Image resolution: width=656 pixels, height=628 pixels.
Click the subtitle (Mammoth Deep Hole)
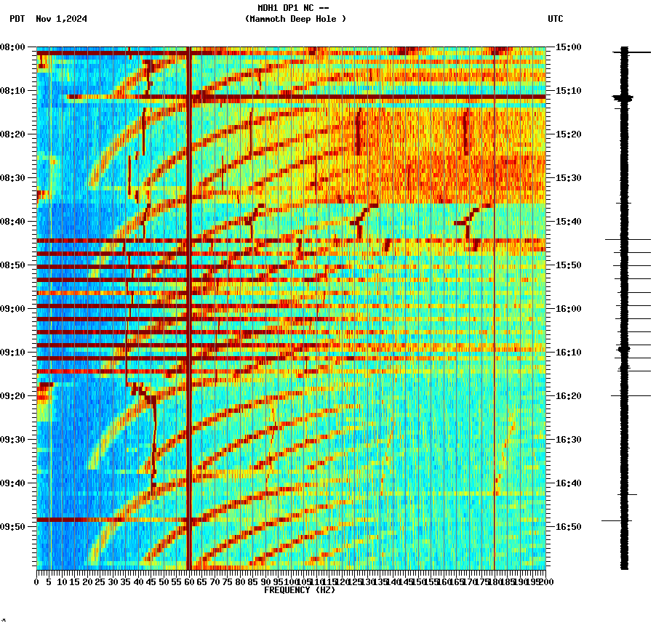pyautogui.click(x=295, y=19)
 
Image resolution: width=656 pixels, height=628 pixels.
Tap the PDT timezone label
pyautogui.click(x=17, y=19)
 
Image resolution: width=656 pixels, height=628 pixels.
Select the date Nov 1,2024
pyautogui.click(x=61, y=19)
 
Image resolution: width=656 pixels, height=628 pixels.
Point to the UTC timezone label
pyautogui.click(x=555, y=19)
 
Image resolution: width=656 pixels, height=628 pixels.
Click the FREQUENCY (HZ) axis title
pyautogui.click(x=299, y=590)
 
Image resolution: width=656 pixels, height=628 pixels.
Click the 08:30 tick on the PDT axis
pyautogui.click(x=14, y=178)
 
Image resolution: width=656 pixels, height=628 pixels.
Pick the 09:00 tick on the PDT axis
pyautogui.click(x=14, y=309)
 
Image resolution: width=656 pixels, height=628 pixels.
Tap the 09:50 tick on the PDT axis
pyautogui.click(x=14, y=527)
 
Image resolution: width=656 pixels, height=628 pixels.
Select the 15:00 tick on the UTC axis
pyautogui.click(x=568, y=47)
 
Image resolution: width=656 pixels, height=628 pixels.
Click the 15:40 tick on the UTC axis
pyautogui.click(x=568, y=222)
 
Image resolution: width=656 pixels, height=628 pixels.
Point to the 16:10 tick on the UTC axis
pyautogui.click(x=568, y=353)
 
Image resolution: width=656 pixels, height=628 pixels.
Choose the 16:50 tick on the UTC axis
pyautogui.click(x=568, y=527)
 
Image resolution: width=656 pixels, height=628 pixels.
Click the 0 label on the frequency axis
pyautogui.click(x=37, y=582)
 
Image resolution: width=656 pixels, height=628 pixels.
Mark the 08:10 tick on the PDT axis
pyautogui.click(x=14, y=91)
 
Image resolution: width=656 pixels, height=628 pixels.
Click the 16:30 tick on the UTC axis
pyautogui.click(x=568, y=440)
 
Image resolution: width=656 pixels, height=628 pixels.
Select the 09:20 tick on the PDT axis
pyautogui.click(x=14, y=396)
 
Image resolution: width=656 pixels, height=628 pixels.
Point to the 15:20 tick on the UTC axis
pyautogui.click(x=568, y=134)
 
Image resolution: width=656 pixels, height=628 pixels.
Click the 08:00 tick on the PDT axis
pyautogui.click(x=14, y=47)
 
